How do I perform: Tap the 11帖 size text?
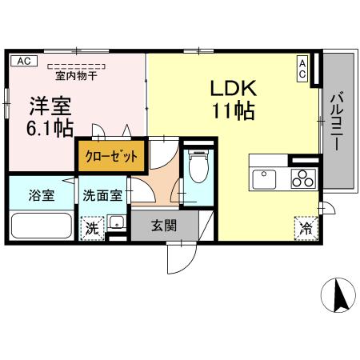[x=233, y=110]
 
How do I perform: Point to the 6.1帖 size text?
[x=50, y=127]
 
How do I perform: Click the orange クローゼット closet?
[x=112, y=156]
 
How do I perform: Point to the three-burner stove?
[x=302, y=178]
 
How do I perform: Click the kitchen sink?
[x=265, y=178]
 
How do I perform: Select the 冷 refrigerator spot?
[x=306, y=226]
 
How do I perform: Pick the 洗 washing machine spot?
[x=92, y=226]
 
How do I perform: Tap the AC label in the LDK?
[x=303, y=67]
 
